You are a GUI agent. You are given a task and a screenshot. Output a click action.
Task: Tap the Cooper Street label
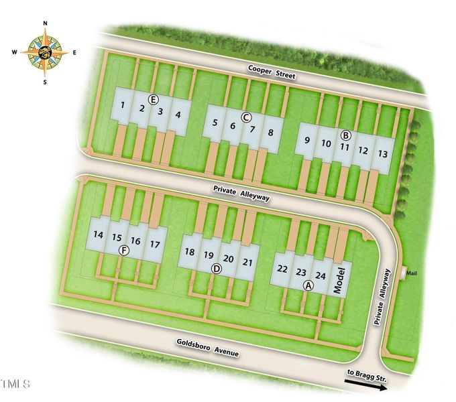[272, 72]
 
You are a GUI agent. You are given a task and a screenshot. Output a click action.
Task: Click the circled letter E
[153, 99]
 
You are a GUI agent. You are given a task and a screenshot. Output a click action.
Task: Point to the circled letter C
[246, 117]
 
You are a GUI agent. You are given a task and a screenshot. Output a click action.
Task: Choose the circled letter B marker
[346, 135]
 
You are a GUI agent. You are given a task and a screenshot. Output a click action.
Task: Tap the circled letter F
[123, 250]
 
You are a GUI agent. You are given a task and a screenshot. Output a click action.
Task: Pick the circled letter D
[216, 269]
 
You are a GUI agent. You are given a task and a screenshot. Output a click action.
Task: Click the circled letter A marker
[308, 285]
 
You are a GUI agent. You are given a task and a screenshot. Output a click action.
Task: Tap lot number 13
[382, 153]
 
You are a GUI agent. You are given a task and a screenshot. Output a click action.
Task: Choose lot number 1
[123, 105]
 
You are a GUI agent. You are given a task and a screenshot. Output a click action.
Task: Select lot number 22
[282, 269]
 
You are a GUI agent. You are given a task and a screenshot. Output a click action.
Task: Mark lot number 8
[270, 132]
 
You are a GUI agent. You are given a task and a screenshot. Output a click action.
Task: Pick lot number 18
[190, 252]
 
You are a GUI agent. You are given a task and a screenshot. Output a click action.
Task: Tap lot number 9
[306, 140]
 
